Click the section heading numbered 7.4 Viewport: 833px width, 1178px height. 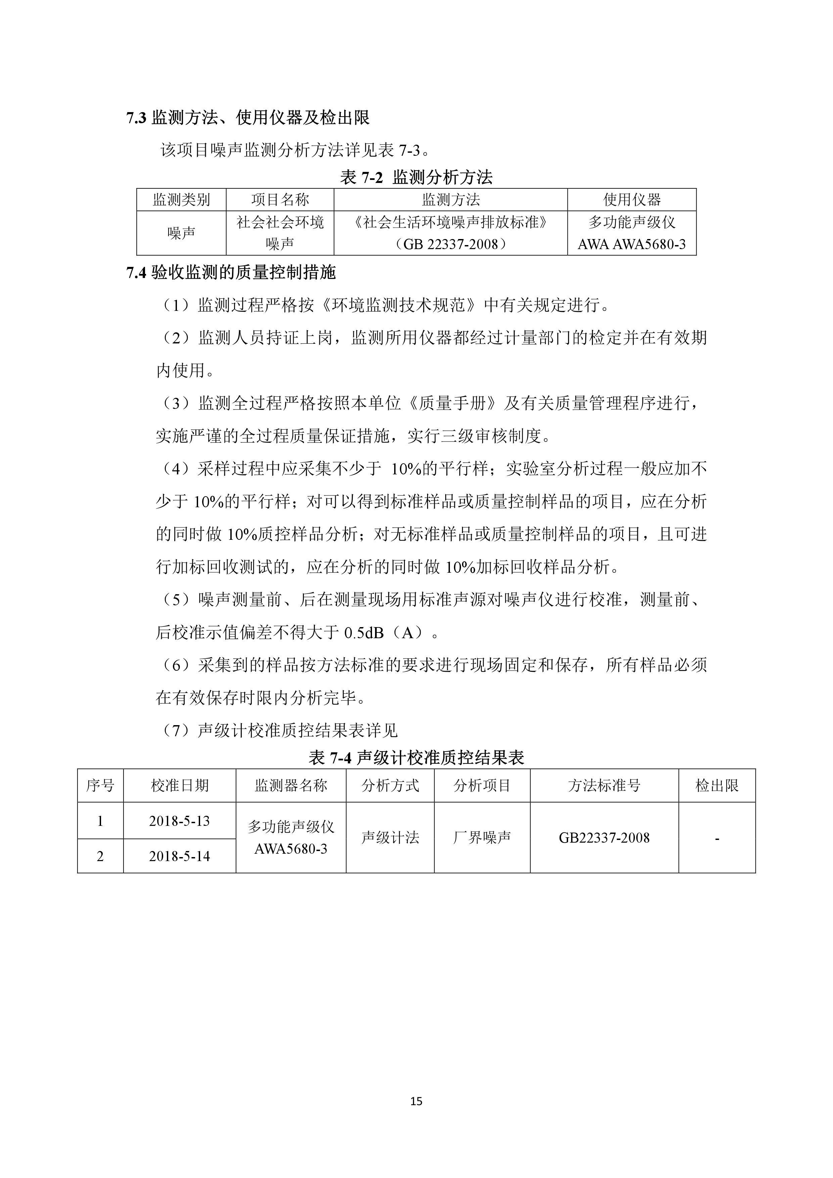[231, 273]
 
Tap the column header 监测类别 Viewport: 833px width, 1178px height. [181, 200]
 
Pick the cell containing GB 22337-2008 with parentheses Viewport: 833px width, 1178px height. [451, 244]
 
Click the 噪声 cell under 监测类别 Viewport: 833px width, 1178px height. [181, 233]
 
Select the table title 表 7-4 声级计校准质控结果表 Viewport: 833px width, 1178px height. [416, 757]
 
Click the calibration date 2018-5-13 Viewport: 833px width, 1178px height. [180, 821]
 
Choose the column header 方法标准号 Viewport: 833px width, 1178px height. [604, 786]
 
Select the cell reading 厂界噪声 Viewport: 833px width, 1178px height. [482, 838]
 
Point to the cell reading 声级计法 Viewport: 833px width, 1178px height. [390, 838]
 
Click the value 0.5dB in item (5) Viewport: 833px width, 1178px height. [363, 633]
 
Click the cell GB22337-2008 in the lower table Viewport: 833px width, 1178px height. [604, 838]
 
